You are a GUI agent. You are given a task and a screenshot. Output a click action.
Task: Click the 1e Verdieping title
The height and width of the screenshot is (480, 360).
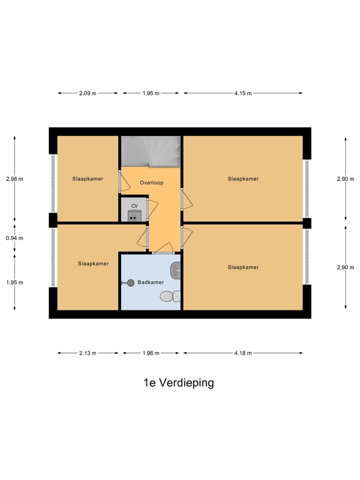(x=178, y=383)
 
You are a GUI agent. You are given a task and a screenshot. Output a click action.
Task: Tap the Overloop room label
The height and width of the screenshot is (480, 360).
(x=151, y=183)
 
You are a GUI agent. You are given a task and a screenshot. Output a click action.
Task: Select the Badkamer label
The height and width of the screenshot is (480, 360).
(x=151, y=282)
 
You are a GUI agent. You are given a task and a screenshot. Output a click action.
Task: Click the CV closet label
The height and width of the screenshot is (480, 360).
(x=134, y=206)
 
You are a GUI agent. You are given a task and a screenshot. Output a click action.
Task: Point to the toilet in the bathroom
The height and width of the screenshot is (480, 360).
(x=167, y=297)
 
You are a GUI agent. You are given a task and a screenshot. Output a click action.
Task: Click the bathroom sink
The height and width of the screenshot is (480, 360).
(x=176, y=270)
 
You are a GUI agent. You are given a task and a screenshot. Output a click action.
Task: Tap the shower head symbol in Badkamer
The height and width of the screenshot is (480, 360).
(x=130, y=282)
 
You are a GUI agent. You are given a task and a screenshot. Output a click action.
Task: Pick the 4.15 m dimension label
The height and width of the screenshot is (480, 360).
(x=243, y=93)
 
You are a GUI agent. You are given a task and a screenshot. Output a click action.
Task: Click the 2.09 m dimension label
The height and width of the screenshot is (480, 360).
(x=88, y=93)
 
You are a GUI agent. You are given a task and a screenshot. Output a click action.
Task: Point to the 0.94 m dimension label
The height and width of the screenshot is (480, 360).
(x=14, y=238)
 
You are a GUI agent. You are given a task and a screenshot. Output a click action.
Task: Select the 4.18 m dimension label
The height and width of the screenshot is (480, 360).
(x=243, y=353)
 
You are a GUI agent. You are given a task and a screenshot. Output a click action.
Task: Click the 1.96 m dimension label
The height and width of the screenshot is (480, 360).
(x=150, y=353)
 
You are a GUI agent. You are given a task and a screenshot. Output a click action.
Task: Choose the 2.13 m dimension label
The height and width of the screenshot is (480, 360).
(x=88, y=353)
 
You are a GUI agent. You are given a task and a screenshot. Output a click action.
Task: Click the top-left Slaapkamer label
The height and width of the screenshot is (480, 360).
(x=87, y=178)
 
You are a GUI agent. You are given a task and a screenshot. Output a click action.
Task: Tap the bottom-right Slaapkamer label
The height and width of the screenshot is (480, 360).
(x=243, y=267)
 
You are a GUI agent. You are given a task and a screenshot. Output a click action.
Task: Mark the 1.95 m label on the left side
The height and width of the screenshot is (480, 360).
(x=14, y=282)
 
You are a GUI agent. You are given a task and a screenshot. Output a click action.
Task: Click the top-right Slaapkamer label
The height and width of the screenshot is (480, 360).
(x=243, y=178)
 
